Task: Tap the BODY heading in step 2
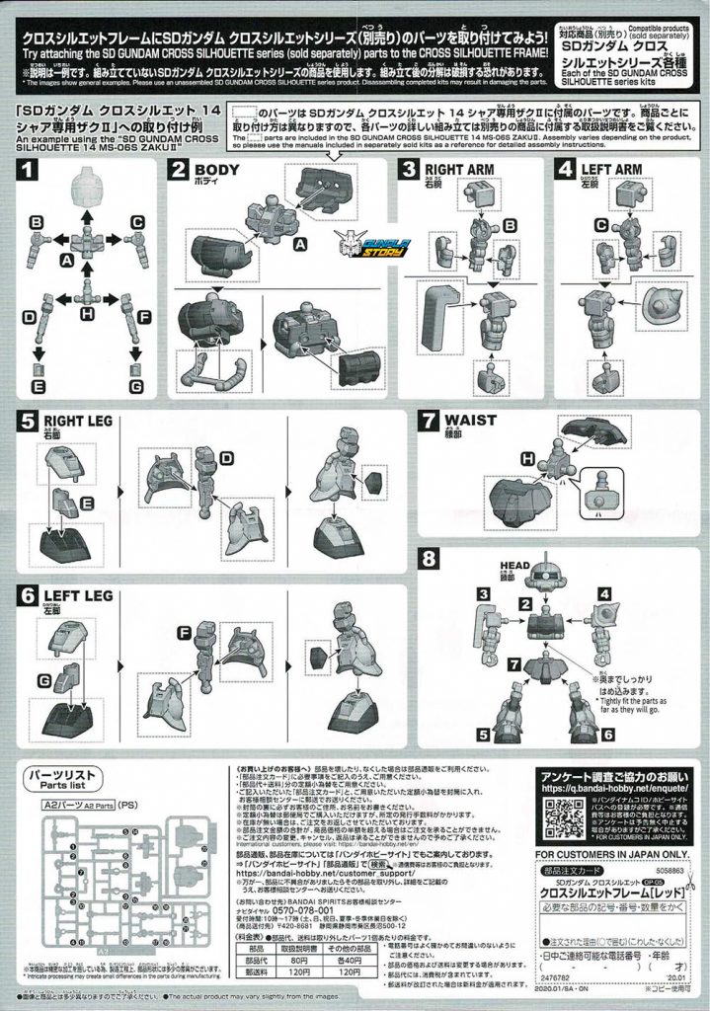224,169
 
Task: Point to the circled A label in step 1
67,259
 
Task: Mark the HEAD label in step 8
518,566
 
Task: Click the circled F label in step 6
184,632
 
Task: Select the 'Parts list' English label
59,786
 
